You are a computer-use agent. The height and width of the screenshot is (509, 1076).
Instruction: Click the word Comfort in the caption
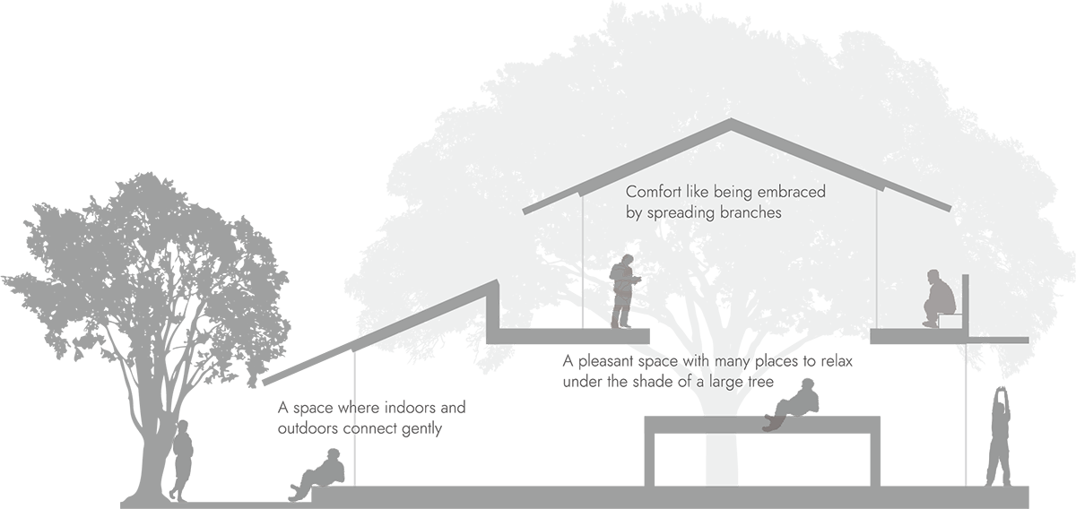pos(652,193)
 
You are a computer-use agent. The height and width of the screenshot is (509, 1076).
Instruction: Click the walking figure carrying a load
pos(624,289)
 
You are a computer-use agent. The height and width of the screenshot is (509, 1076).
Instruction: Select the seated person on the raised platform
pos(938,298)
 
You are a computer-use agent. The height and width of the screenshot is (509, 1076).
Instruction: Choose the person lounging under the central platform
pos(794,405)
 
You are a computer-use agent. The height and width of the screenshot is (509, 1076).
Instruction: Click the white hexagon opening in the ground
pos(722,460)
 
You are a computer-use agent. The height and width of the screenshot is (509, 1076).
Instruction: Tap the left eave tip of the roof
pos(526,211)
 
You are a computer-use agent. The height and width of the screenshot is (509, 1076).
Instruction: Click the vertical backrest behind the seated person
pos(966,301)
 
